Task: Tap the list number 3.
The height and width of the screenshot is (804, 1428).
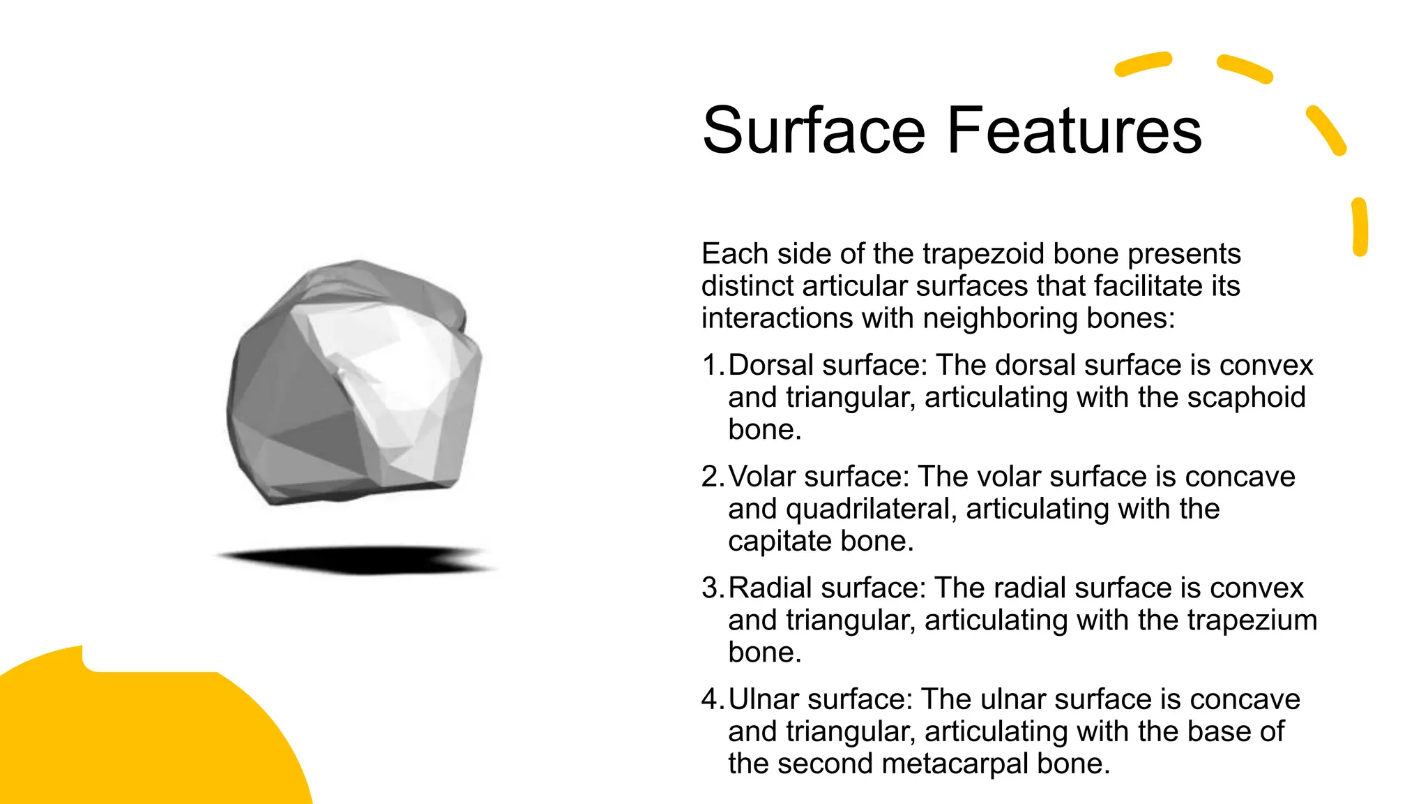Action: [x=712, y=588]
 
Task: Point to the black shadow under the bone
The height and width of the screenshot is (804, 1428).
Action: [x=356, y=559]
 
